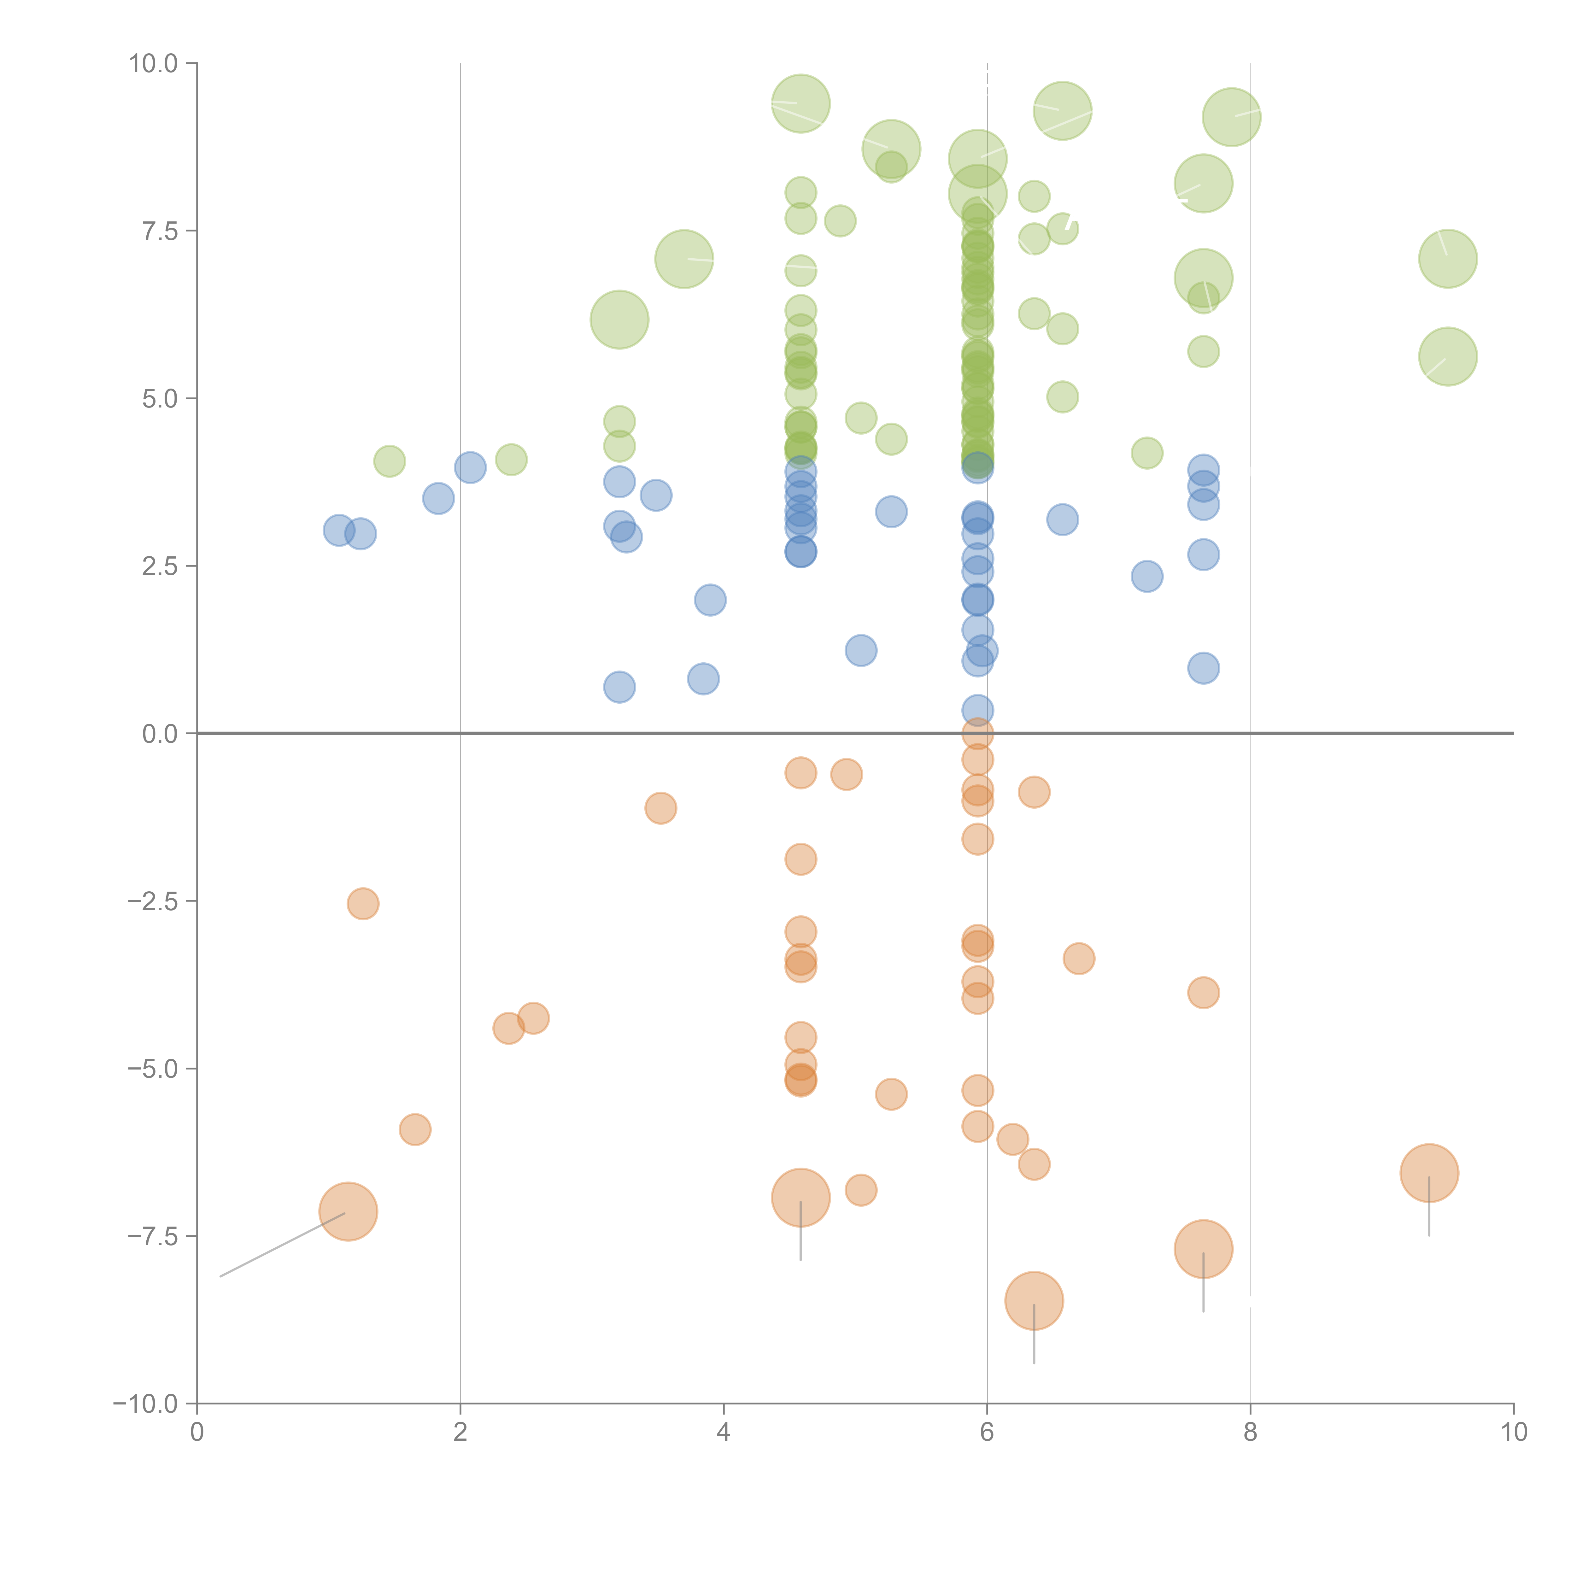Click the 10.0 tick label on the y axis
pos(154,64)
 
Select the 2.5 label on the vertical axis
pos(160,566)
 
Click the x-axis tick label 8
pos(1251,1433)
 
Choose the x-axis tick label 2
pos(460,1433)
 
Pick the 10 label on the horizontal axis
pos(1513,1433)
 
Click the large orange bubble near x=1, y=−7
pos(349,1211)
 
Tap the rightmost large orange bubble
pos(1429,1173)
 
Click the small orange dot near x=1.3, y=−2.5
pos(363,904)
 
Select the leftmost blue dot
pos(339,531)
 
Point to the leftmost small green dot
pos(389,461)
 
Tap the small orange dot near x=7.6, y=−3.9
pos(1203,993)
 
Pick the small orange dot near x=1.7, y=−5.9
pos(415,1130)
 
